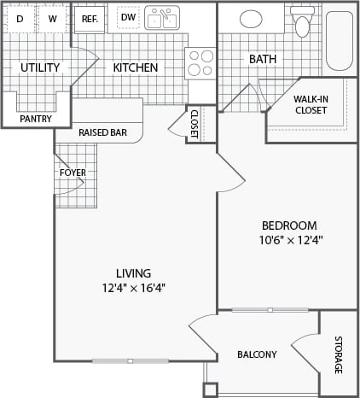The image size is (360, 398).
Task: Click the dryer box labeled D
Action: click(20, 19)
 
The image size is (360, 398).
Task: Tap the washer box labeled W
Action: click(52, 19)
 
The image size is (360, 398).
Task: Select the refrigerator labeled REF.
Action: click(89, 19)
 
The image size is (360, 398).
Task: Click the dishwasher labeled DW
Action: click(127, 17)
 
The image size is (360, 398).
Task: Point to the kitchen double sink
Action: click(161, 18)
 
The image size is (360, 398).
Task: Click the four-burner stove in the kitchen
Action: click(200, 63)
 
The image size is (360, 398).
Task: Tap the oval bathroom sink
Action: click(251, 19)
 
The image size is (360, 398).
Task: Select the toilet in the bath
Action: click(302, 21)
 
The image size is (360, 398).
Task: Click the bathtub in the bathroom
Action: click(339, 40)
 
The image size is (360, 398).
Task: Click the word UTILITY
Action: click(40, 67)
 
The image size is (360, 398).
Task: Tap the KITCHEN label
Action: click(136, 67)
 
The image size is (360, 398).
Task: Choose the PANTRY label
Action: click(35, 119)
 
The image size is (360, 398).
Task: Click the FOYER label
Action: click(73, 173)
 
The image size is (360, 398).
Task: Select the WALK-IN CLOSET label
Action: click(311, 104)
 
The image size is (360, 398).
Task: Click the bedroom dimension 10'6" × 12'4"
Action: click(291, 240)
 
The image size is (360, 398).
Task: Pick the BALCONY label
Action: click(256, 354)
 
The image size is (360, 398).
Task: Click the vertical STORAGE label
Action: click(338, 355)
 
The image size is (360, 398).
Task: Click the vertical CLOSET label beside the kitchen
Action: click(194, 123)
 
